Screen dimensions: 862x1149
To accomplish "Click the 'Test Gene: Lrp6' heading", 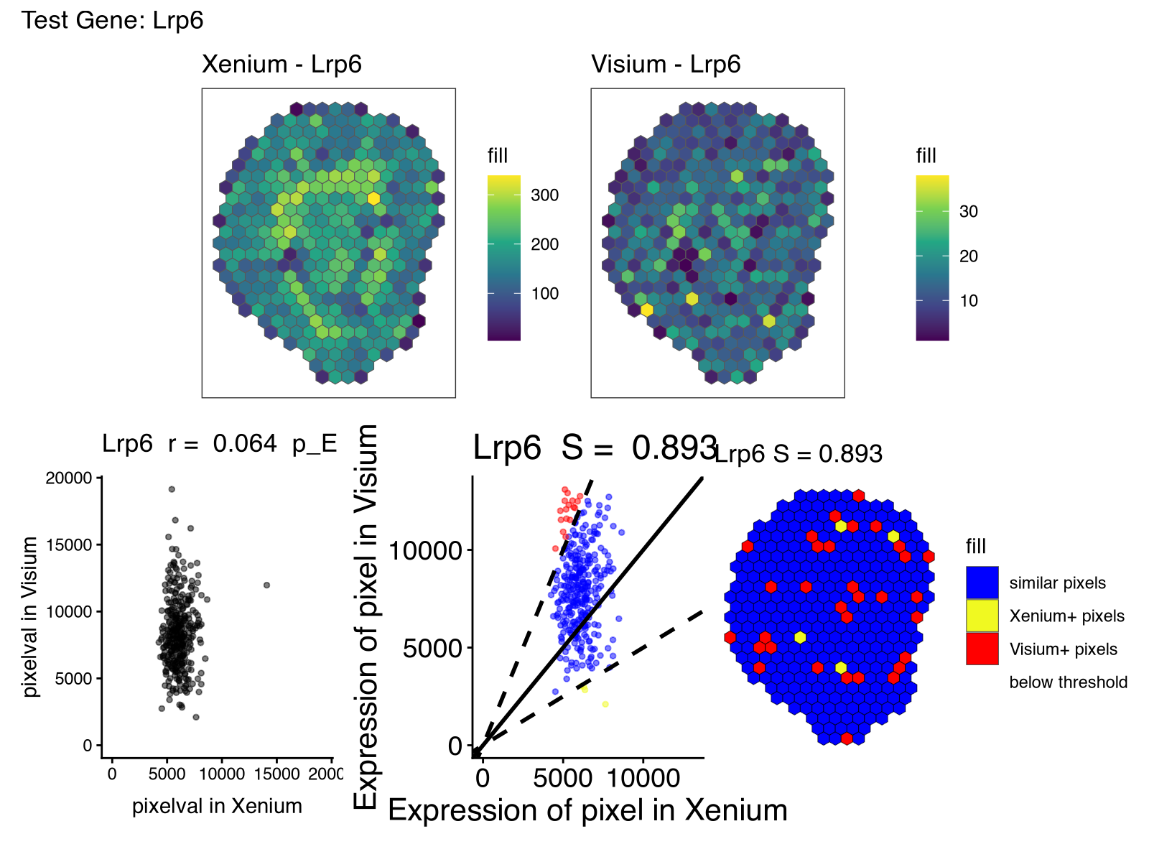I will click(113, 20).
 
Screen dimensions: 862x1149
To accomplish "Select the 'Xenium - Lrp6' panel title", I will click(282, 64).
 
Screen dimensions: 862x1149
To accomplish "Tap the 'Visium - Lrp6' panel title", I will click(666, 64).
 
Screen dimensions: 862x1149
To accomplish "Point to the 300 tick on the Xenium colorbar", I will click(544, 195).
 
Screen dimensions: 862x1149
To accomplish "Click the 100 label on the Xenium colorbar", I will click(544, 293).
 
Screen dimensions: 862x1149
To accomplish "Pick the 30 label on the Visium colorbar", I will click(968, 211).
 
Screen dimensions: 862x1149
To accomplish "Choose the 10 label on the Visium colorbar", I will click(968, 301).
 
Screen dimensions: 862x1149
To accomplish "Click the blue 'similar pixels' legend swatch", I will click(982, 583).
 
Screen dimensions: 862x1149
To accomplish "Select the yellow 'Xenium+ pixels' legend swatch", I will click(982, 616).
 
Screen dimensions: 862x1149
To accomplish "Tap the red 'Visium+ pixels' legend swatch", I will click(982, 649).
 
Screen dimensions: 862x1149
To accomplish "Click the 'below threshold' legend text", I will click(1068, 682).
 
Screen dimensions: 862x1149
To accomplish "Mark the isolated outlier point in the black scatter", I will click(266, 585).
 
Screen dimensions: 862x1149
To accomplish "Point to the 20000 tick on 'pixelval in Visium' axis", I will click(69, 478).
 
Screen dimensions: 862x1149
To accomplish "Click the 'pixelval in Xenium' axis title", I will click(217, 806).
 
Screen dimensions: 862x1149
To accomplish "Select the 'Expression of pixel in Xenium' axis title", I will click(587, 810).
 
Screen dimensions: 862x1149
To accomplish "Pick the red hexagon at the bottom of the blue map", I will click(847, 738).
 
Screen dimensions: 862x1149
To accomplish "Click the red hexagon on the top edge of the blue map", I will click(858, 496).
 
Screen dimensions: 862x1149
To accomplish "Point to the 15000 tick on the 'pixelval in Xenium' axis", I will click(277, 774).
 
